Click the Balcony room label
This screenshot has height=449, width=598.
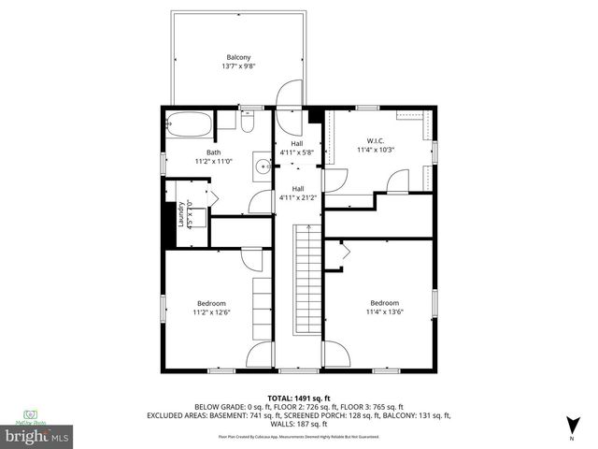pyautogui.click(x=238, y=56)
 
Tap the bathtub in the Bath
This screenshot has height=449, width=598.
pyautogui.click(x=187, y=122)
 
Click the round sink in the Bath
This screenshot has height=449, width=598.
pyautogui.click(x=263, y=168)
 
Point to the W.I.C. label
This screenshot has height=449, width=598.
pyautogui.click(x=376, y=139)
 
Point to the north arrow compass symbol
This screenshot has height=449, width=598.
pyautogui.click(x=571, y=427)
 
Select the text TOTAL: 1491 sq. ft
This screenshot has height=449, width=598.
pyautogui.click(x=298, y=398)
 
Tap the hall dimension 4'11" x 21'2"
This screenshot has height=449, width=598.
pyautogui.click(x=298, y=197)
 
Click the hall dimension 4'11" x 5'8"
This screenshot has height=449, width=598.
pyautogui.click(x=298, y=152)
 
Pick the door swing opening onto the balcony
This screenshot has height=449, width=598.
pyautogui.click(x=292, y=95)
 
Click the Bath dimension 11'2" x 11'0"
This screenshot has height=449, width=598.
pyautogui.click(x=214, y=162)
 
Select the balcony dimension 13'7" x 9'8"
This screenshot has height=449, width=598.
pyautogui.click(x=238, y=66)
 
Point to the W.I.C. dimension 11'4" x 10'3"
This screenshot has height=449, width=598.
pyautogui.click(x=376, y=149)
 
